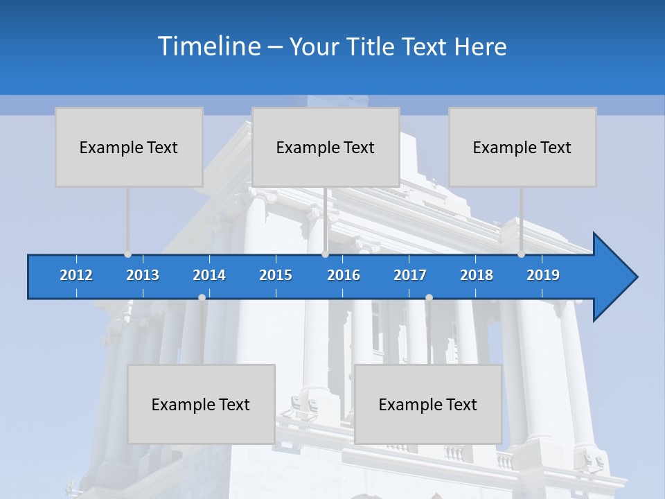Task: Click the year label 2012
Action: pyautogui.click(x=76, y=275)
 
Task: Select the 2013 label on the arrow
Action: pyautogui.click(x=143, y=275)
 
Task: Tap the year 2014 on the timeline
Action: pyautogui.click(x=209, y=275)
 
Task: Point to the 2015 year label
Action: pyautogui.click(x=276, y=275)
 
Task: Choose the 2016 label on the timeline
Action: pyautogui.click(x=344, y=275)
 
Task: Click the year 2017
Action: pyautogui.click(x=410, y=275)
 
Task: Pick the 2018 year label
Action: pyautogui.click(x=477, y=275)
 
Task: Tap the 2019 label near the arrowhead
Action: pyautogui.click(x=543, y=275)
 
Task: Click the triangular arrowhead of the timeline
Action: pyautogui.click(x=614, y=277)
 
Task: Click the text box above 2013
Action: pyautogui.click(x=129, y=147)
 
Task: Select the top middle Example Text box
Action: pyautogui.click(x=326, y=147)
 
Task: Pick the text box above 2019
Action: pyautogui.click(x=522, y=147)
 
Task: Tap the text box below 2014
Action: pyautogui.click(x=201, y=404)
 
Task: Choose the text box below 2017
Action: pyautogui.click(x=428, y=404)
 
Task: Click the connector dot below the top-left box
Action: pyautogui.click(x=128, y=254)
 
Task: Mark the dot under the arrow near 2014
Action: pyautogui.click(x=202, y=297)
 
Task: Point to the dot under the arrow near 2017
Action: pyautogui.click(x=429, y=297)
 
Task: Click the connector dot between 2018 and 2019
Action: pyautogui.click(x=522, y=254)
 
